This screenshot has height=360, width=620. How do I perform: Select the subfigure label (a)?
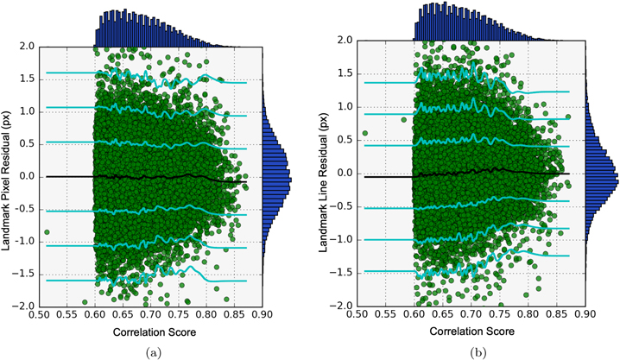tap(151, 352)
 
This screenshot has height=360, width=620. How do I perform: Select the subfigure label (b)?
tap(475, 352)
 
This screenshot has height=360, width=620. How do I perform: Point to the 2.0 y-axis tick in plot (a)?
tap(26, 47)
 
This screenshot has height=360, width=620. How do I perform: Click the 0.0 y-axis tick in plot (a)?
tap(26, 176)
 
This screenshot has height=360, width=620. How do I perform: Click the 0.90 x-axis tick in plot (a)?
tap(263, 315)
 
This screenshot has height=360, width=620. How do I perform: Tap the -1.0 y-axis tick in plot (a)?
tap(24, 241)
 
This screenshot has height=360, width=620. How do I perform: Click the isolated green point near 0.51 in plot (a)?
tap(47, 232)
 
